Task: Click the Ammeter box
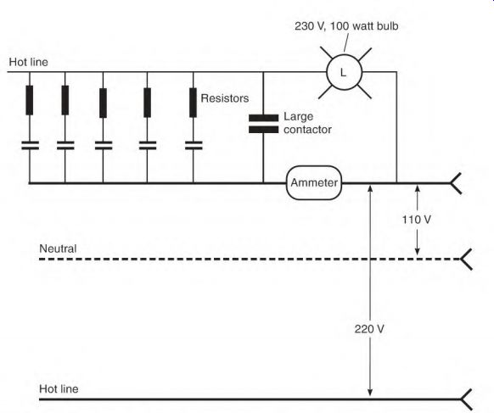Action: click(314, 182)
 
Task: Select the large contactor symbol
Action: click(263, 124)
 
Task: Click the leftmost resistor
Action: click(30, 100)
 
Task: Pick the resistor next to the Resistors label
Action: click(194, 103)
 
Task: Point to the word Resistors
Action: click(225, 98)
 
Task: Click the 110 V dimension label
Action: click(416, 220)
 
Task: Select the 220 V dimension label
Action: click(369, 329)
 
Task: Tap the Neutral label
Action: click(58, 248)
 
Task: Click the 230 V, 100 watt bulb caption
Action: click(346, 26)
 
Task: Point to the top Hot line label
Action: click(28, 62)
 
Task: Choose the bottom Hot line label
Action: click(59, 388)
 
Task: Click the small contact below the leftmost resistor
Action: click(30, 145)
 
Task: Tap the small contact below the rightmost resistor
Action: click(194, 145)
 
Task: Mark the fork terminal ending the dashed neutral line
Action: click(466, 259)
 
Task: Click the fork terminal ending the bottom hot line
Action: click(466, 399)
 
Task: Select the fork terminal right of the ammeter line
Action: click(456, 183)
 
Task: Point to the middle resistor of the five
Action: click(103, 103)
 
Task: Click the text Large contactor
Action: click(307, 123)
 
